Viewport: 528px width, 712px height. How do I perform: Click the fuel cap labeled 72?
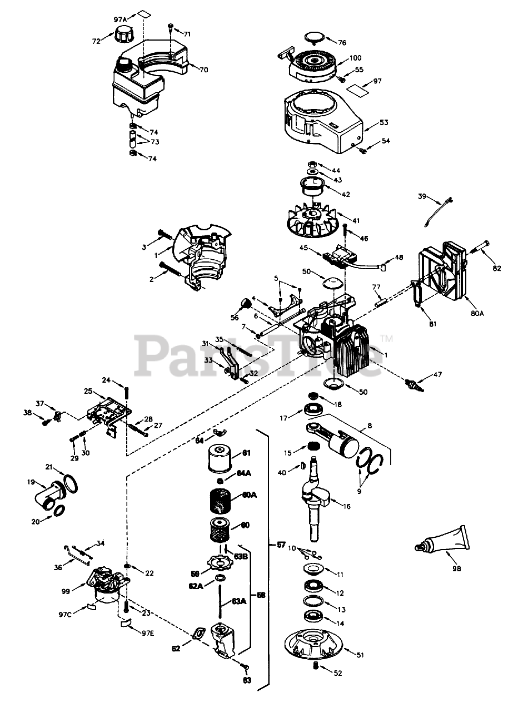coord(122,37)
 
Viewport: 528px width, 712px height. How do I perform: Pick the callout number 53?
coord(383,122)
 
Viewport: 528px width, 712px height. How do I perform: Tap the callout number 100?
coord(356,58)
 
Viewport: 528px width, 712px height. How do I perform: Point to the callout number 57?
coord(282,545)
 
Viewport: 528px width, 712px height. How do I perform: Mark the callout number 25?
coord(88,391)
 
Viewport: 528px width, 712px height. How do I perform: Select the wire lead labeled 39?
coord(437,210)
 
